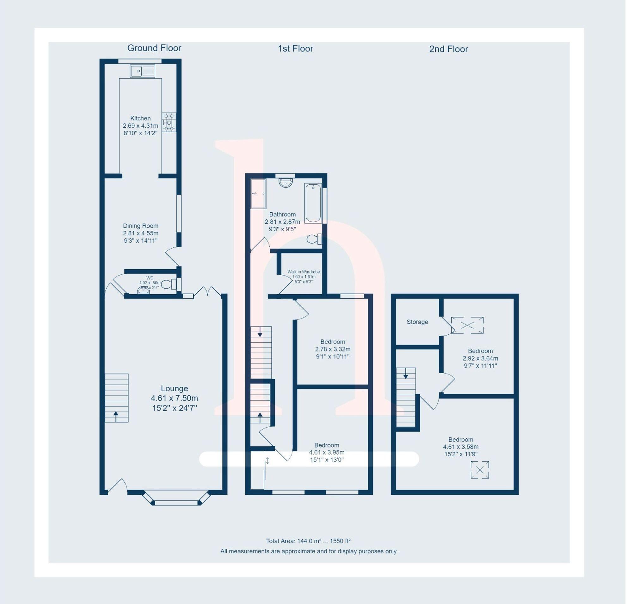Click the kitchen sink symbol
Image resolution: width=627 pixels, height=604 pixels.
(x=142, y=71)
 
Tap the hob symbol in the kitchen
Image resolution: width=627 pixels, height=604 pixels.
(x=169, y=122)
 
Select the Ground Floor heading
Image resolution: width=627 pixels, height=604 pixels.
(x=154, y=48)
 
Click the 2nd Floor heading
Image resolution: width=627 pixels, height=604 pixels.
(x=448, y=49)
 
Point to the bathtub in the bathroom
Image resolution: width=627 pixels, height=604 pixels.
(x=312, y=203)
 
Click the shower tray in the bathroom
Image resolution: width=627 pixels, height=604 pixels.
(x=258, y=194)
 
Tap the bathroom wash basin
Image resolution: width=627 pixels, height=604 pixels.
(x=286, y=182)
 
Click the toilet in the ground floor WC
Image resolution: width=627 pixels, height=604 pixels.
(x=169, y=284)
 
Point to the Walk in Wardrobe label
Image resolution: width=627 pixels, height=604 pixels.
(x=303, y=272)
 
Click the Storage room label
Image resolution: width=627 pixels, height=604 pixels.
(x=417, y=322)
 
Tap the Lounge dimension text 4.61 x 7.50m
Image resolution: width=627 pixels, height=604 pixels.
(x=174, y=398)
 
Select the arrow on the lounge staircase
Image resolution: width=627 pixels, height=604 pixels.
(x=116, y=416)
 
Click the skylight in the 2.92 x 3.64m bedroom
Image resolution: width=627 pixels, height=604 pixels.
(x=467, y=326)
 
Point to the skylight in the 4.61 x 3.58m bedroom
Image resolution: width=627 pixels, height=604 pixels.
(x=480, y=470)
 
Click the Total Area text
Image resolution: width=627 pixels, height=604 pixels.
(x=308, y=541)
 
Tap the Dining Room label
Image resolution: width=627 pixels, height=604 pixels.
(x=140, y=226)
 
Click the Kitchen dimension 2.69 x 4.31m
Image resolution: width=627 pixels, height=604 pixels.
(x=140, y=126)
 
